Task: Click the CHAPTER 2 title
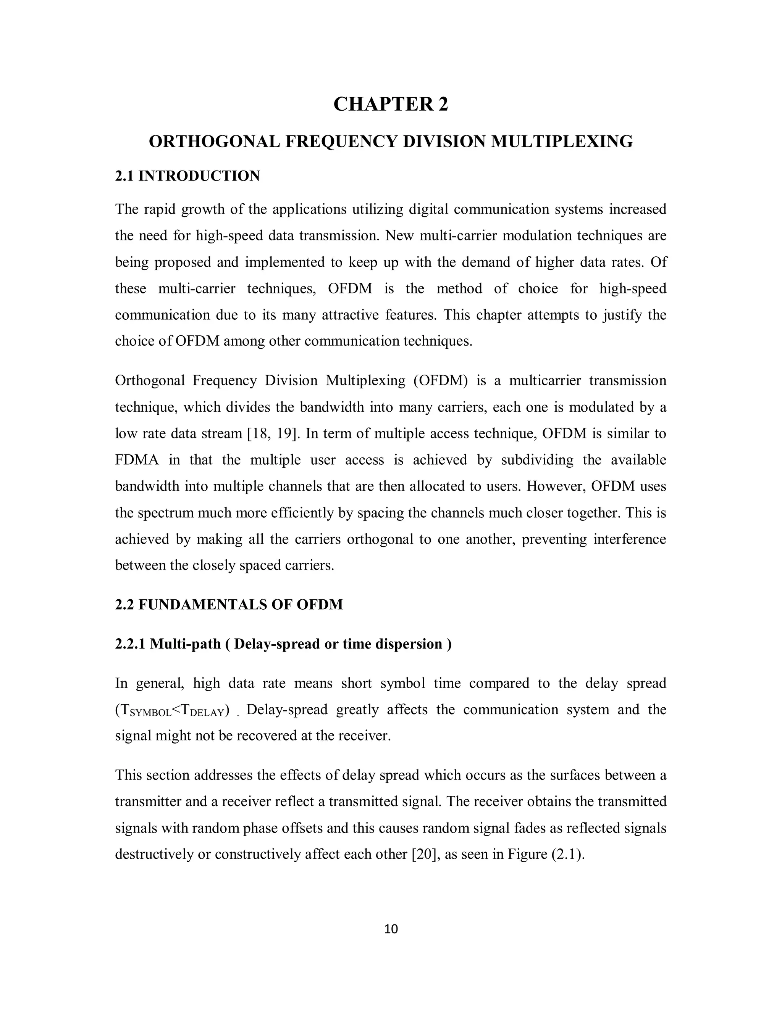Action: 391,104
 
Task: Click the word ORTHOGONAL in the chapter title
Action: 214,141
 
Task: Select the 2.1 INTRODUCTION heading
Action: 187,176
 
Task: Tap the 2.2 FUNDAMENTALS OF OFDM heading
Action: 229,605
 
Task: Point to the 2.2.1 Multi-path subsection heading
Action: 283,644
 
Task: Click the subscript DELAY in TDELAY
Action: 207,713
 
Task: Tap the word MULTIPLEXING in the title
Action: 561,141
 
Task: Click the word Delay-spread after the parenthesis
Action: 287,710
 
